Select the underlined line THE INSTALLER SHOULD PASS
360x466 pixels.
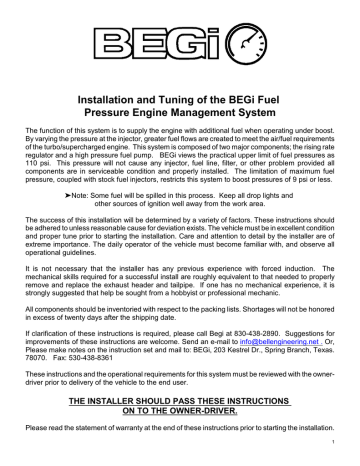181,416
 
